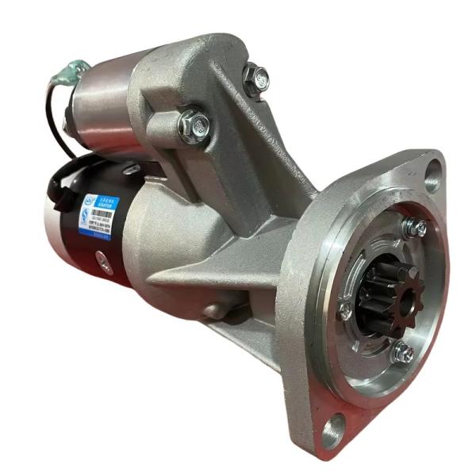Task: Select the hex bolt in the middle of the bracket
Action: (194, 126)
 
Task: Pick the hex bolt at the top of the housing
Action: (254, 77)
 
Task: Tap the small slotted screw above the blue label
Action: (129, 168)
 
